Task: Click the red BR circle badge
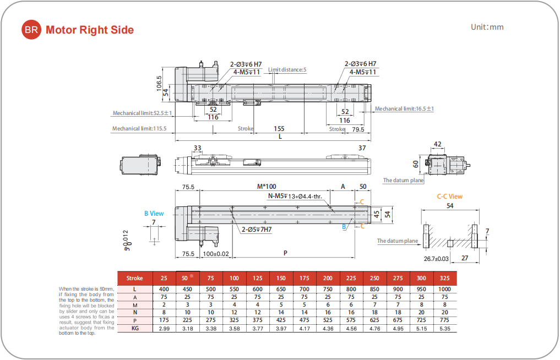[31, 30]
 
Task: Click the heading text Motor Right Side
[90, 30]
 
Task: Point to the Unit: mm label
[487, 27]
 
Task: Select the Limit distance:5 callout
[287, 70]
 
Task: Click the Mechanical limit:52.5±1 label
[143, 113]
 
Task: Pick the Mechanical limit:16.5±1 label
[404, 109]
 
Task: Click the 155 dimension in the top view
[279, 129]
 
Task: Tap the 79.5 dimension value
[358, 129]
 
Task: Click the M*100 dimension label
[267, 186]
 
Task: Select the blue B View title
[154, 214]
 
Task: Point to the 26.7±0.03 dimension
[436, 258]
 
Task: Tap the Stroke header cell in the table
[134, 279]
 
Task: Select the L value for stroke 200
[328, 290]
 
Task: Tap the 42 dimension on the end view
[437, 144]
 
